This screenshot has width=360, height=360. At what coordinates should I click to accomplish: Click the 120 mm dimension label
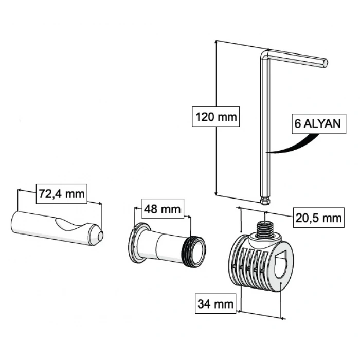216,117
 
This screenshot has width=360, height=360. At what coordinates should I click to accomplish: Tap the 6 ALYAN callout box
319,124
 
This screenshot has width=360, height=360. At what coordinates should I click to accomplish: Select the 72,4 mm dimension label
62,193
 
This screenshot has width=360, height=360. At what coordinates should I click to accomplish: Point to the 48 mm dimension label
163,209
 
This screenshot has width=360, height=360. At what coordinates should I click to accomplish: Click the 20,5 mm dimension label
319,218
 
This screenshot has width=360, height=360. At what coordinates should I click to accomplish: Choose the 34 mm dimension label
215,303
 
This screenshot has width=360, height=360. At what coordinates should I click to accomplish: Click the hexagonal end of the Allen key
325,63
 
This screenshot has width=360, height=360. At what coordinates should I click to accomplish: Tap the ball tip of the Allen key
265,200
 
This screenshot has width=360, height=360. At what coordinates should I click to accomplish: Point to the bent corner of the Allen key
265,55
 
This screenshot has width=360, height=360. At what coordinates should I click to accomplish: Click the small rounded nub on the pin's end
100,236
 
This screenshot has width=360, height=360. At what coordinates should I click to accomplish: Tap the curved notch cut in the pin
71,224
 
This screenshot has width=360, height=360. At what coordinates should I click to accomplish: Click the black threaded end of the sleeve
193,251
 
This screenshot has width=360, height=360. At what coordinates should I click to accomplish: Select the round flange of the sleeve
138,243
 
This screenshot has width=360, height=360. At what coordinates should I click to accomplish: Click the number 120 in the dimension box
205,117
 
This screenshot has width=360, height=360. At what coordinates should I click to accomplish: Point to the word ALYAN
322,124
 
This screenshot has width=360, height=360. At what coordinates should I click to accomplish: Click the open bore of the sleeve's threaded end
197,252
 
